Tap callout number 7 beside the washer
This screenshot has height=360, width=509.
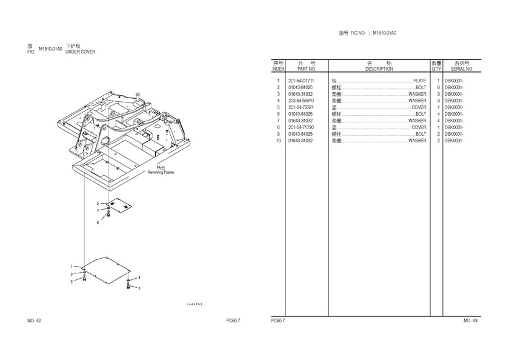[98, 210]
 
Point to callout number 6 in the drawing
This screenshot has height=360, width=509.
[98, 223]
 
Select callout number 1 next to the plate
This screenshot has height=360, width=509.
[71, 267]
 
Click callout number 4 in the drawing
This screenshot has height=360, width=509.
[139, 278]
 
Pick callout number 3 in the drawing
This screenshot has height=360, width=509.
[71, 275]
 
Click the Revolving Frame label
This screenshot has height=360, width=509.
[161, 172]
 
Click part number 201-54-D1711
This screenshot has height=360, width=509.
[301, 81]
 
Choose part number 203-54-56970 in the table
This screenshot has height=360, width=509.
[301, 101]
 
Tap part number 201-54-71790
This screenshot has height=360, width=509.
[301, 127]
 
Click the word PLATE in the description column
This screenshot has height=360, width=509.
[419, 81]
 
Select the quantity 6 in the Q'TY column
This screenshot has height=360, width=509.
[437, 88]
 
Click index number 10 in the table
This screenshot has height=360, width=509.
[278, 141]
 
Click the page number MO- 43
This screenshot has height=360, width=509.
[470, 321]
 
